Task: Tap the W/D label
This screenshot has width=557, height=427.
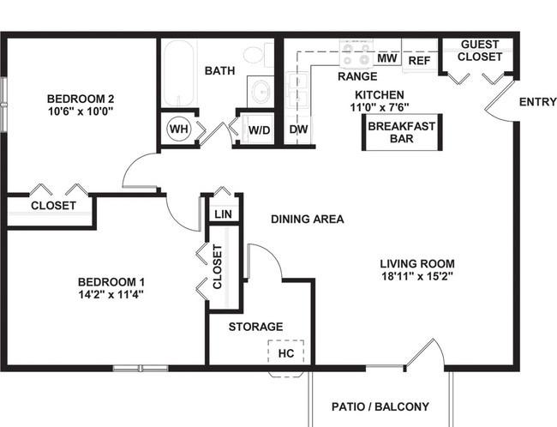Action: [x=260, y=130]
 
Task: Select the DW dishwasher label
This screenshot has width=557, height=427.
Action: [x=298, y=129]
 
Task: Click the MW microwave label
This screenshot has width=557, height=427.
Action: [x=386, y=58]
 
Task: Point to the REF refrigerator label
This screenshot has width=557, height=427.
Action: [x=419, y=61]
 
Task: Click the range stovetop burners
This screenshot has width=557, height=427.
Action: [x=356, y=53]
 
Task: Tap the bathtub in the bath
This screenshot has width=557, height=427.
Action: [x=180, y=73]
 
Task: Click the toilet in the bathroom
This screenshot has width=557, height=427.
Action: [x=258, y=54]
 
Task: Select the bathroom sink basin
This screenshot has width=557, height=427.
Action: [x=261, y=92]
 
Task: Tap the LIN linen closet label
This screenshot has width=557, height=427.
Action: [x=224, y=214]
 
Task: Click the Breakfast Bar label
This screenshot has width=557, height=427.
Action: [x=402, y=132]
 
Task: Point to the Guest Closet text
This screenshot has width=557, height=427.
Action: [x=480, y=51]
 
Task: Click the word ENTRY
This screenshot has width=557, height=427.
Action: [x=538, y=102]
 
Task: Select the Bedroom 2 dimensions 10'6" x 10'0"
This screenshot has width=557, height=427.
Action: [x=81, y=111]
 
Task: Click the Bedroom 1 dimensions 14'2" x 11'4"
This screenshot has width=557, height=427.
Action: [x=111, y=295]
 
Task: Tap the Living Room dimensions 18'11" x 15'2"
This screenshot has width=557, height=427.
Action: [x=417, y=276]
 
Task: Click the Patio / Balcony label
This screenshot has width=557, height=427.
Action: [x=380, y=406]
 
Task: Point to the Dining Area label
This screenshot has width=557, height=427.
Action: [x=308, y=219]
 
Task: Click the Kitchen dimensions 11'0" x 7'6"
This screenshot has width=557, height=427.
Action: [x=380, y=107]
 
